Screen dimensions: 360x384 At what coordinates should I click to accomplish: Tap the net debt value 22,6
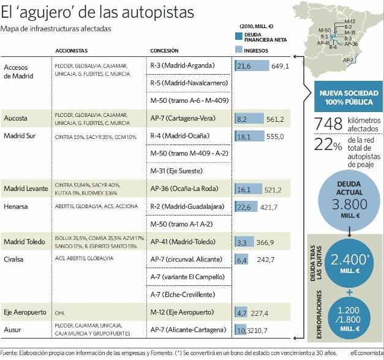(x=243, y=206)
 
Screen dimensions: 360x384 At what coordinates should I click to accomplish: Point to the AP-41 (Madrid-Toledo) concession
(x=183, y=242)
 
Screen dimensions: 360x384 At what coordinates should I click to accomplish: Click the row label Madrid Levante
(x=26, y=189)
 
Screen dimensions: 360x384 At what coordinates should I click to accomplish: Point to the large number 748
(x=327, y=124)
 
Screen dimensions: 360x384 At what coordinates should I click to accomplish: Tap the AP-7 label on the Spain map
(x=348, y=60)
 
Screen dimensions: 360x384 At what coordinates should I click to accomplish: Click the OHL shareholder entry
(x=60, y=312)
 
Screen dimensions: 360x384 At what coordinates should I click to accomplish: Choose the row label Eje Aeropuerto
(x=25, y=312)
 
